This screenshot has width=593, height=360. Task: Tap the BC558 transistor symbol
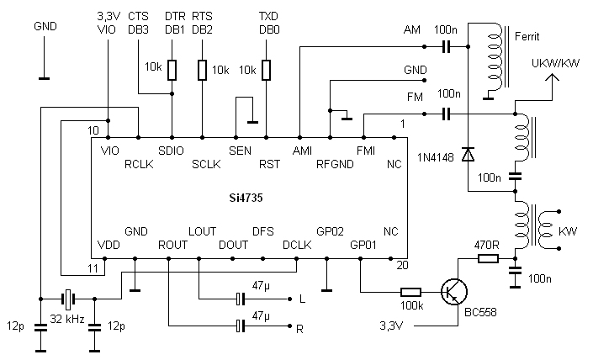pyautogui.click(x=455, y=291)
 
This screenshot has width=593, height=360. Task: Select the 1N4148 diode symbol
pyautogui.click(x=468, y=154)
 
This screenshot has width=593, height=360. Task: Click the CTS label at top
pyautogui.click(x=139, y=16)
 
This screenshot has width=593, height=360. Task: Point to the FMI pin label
pyautogui.click(x=366, y=151)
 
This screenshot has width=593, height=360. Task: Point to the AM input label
pyautogui.click(x=411, y=30)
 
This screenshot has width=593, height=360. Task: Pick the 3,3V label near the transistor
pyautogui.click(x=393, y=326)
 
